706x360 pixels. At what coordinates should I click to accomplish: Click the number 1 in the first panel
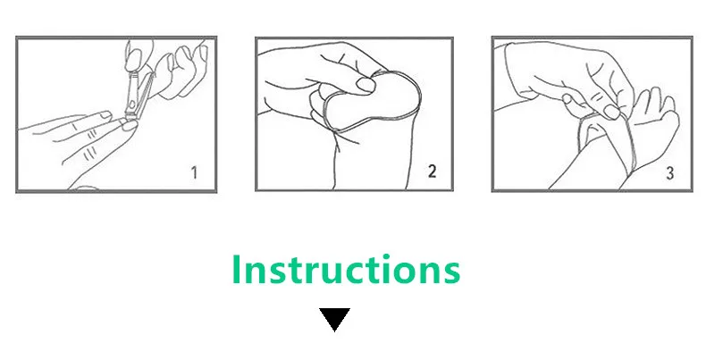[194, 172]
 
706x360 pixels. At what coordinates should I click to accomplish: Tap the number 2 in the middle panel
[432, 172]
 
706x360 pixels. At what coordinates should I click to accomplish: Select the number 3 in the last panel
[669, 173]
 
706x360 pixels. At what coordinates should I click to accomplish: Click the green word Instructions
[346, 269]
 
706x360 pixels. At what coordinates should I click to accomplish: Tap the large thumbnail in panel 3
[611, 112]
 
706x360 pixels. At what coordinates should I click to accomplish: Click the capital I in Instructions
[237, 269]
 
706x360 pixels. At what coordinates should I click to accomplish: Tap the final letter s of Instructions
[451, 273]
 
